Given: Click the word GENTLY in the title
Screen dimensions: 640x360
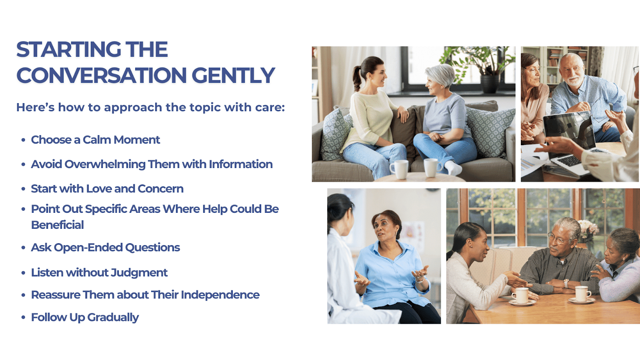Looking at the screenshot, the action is pyautogui.click(x=233, y=76).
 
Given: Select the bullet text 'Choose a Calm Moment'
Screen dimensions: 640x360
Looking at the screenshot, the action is pyautogui.click(x=96, y=140).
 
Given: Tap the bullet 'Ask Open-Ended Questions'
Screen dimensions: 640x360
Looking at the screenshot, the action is pyautogui.click(x=106, y=248).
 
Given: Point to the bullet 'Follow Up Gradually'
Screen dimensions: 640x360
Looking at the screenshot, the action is pyautogui.click(x=85, y=318).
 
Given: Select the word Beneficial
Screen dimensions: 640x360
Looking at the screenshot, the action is pyautogui.click(x=58, y=225).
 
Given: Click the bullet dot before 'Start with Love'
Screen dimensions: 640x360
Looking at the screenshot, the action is pyautogui.click(x=24, y=189).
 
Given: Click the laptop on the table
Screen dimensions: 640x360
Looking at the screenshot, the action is pyautogui.click(x=574, y=143).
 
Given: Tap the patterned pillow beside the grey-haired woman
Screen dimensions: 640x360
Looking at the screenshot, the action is pyautogui.click(x=489, y=132).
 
